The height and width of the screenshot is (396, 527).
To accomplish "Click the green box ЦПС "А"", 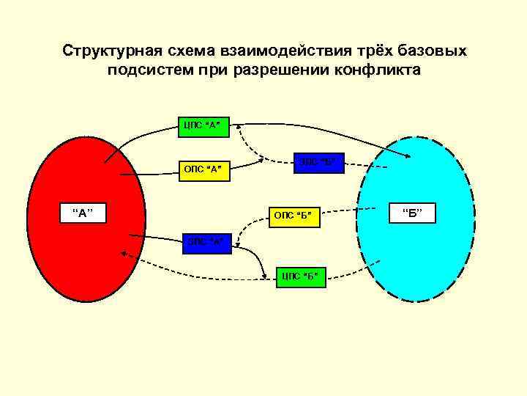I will (202, 125).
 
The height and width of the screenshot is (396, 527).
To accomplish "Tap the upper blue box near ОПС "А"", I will (318, 161).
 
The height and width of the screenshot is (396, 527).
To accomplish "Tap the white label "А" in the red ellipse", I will (83, 213).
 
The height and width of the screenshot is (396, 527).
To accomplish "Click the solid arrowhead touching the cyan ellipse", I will (406, 155).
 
